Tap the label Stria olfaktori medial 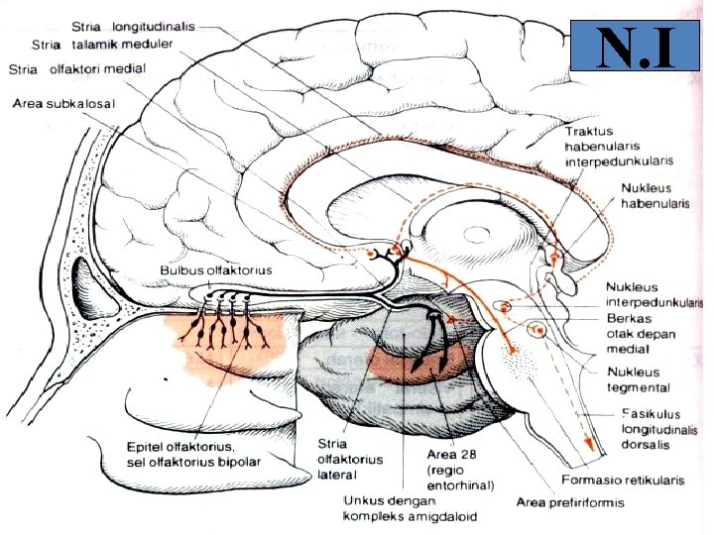[77, 69]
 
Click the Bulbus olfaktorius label [216, 269]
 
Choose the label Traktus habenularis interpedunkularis [619, 146]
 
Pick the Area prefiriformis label [570, 502]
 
